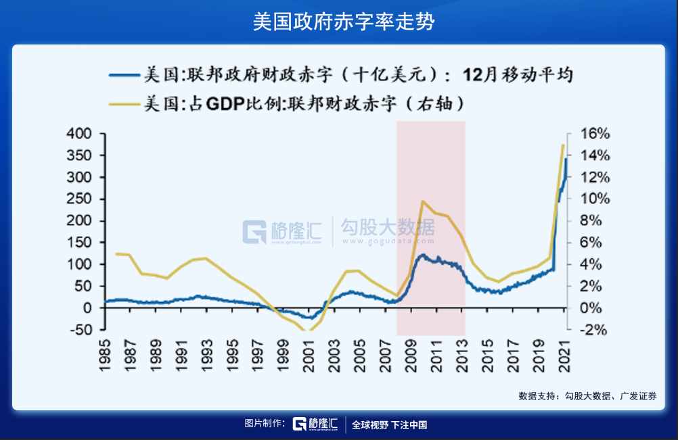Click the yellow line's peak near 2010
click(422, 201)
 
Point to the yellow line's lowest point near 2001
click(309, 331)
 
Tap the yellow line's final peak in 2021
click(562, 145)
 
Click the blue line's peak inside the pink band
click(422, 255)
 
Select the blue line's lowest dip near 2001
click(310, 318)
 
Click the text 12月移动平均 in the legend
click(518, 74)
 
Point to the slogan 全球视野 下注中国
click(390, 424)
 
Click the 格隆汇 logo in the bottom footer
click(315, 424)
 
